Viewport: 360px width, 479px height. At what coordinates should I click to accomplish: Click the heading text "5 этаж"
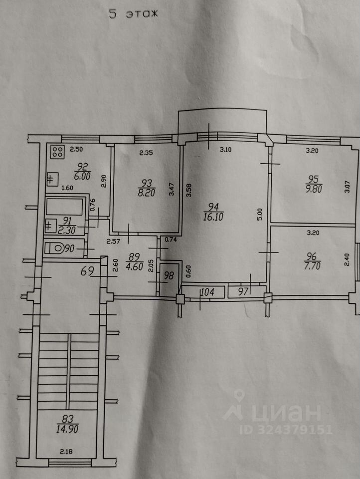(x=133, y=14)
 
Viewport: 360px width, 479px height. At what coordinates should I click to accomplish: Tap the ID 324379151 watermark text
(x=286, y=429)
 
